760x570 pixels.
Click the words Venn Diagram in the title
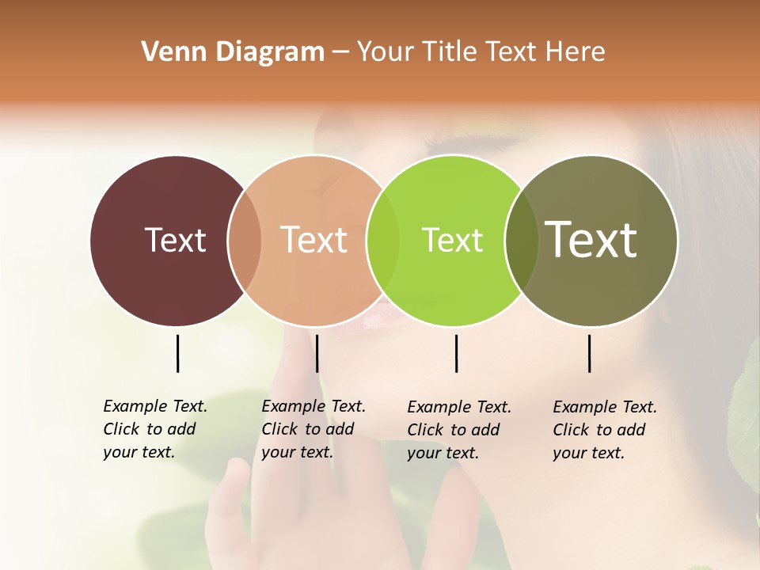tap(233, 52)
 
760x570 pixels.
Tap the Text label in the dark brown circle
tap(175, 240)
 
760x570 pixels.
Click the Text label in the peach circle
tap(313, 240)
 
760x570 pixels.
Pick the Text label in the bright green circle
tap(452, 240)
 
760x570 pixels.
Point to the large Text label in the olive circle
tap(591, 239)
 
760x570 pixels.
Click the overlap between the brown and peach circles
tap(245, 241)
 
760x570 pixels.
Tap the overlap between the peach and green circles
tap(383, 241)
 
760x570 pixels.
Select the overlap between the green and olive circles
tap(522, 241)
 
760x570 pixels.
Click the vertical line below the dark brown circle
tap(177, 353)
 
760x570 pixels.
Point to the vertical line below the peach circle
tap(317, 353)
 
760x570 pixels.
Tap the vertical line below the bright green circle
tap(456, 353)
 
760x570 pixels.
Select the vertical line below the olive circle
tap(589, 353)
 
